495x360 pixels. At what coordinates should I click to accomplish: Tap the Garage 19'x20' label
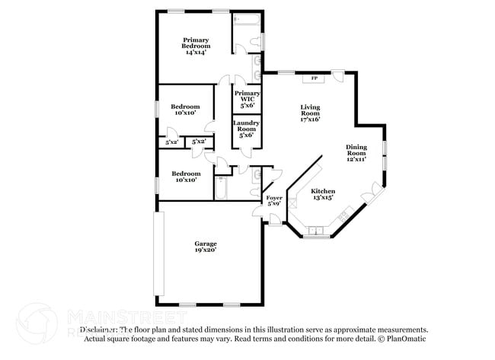[x=205, y=247]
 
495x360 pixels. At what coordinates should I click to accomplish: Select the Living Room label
[x=309, y=113]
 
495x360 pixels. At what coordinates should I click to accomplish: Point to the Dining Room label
[x=356, y=153]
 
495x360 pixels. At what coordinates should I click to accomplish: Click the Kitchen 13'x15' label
[x=323, y=194]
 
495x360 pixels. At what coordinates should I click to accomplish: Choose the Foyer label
[x=274, y=200]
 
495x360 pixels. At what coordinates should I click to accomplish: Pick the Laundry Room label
[x=247, y=128]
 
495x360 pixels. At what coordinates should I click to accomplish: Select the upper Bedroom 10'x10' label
[x=185, y=110]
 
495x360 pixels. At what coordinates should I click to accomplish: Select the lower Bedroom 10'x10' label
[x=185, y=176]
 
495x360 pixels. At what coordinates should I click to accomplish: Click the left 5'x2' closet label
[x=172, y=142]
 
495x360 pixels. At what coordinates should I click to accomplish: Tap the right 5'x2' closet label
[x=199, y=142]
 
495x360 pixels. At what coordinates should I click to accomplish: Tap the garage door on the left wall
[x=158, y=253]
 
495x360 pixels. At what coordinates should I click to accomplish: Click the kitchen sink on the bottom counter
[x=315, y=230]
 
